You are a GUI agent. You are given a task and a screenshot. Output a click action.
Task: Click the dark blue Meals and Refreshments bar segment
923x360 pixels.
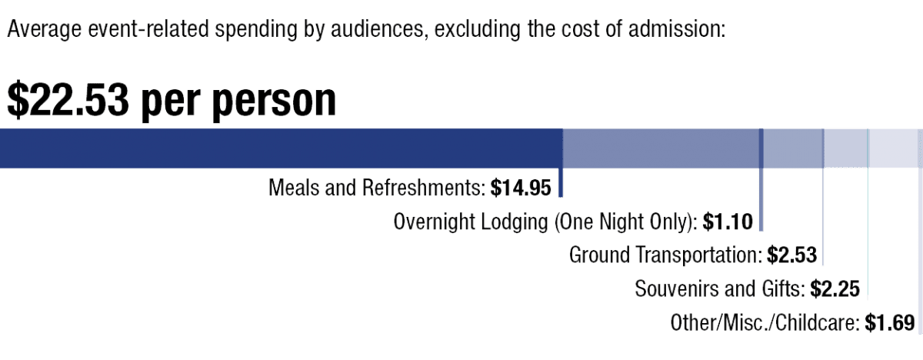click(x=282, y=148)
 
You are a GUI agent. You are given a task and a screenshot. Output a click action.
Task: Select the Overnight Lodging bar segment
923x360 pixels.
click(x=661, y=148)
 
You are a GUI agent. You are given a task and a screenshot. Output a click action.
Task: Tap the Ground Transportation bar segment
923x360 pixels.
click(x=792, y=148)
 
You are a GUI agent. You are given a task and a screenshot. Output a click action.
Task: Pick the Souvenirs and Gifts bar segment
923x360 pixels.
click(x=846, y=148)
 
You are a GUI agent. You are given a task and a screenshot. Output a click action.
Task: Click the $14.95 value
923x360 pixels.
click(x=521, y=188)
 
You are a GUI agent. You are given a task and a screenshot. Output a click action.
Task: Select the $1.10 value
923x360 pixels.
click(x=728, y=222)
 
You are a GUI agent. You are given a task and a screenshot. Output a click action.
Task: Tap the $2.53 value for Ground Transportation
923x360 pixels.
click(x=791, y=255)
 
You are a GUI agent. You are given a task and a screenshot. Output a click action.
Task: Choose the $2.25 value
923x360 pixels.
click(x=835, y=288)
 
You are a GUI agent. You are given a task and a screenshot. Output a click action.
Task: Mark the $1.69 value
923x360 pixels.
click(x=890, y=322)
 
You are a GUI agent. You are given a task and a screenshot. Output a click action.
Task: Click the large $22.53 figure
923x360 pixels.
click(x=68, y=100)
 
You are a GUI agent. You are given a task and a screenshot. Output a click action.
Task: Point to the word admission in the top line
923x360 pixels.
click(x=676, y=28)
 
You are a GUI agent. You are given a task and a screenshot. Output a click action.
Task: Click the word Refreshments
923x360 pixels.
click(x=424, y=188)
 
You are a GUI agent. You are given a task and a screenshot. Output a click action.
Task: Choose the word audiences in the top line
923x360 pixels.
click(x=377, y=28)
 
